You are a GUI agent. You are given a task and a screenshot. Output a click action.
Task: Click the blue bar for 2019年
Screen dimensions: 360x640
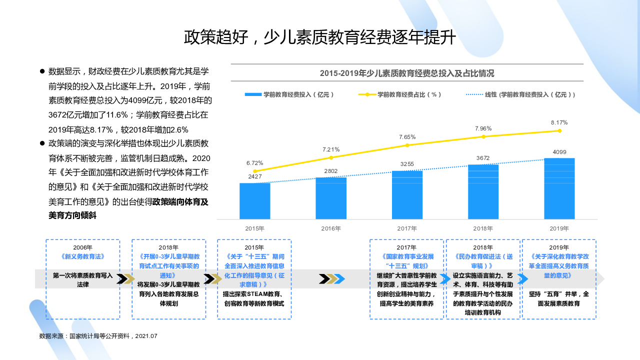tap(559, 188)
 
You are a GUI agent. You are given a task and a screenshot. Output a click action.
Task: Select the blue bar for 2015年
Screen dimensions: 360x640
tap(255, 201)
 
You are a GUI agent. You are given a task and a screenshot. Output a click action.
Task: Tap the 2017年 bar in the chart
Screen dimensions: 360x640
tap(407, 195)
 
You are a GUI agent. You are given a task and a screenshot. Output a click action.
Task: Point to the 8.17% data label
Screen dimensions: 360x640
tap(559, 122)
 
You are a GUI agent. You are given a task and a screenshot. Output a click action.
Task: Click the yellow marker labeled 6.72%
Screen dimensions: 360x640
tap(255, 171)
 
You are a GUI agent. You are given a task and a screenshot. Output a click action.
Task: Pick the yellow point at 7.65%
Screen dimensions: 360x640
tap(407, 145)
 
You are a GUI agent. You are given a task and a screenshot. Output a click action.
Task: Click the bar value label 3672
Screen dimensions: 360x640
tap(483, 158)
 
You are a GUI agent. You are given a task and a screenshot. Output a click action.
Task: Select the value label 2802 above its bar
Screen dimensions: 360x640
tap(331, 171)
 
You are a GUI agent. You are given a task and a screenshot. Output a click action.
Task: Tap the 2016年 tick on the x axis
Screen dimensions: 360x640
tap(331, 228)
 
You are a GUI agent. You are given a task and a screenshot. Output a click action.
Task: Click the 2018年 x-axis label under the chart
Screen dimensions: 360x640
tap(483, 228)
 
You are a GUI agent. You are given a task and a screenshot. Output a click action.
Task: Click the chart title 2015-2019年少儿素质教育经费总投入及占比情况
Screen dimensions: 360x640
tap(407, 73)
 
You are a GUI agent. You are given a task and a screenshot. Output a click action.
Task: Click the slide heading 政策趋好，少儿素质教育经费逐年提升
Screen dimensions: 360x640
tap(320, 37)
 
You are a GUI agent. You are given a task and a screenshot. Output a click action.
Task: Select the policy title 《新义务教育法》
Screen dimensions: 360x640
tap(83, 256)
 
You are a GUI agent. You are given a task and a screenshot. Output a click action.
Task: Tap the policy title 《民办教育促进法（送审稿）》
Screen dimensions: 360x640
tap(483, 261)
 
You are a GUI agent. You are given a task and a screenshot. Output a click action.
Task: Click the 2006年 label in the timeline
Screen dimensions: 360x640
tap(83, 247)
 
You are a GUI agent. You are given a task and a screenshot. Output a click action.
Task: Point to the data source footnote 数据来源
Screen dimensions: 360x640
tap(98, 336)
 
